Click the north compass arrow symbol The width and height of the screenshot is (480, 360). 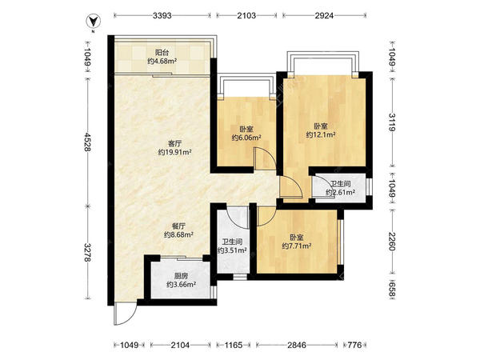point(93,21)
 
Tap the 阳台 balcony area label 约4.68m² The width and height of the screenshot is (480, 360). point(162,61)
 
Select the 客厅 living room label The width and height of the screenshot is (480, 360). point(174,143)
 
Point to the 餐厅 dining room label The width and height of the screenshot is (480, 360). point(178,226)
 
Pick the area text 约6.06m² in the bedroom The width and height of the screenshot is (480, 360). point(246,138)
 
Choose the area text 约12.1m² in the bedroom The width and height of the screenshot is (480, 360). point(321,134)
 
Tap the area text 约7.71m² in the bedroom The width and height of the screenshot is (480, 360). point(297,246)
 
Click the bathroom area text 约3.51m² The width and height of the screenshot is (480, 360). point(232,250)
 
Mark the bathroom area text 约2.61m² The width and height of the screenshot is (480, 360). point(341,192)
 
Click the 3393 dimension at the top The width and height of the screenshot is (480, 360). point(162,15)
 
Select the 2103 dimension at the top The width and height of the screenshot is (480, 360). point(246,15)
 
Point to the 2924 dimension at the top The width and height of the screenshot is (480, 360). point(324,15)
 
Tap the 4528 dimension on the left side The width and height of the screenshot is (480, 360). point(87,142)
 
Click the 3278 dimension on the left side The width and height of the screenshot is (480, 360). point(87,253)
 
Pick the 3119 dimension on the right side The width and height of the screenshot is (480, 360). point(392,122)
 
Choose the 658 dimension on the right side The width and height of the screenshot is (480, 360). point(392,290)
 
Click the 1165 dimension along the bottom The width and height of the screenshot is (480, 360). point(234,346)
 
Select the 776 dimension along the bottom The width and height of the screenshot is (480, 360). point(354,346)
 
